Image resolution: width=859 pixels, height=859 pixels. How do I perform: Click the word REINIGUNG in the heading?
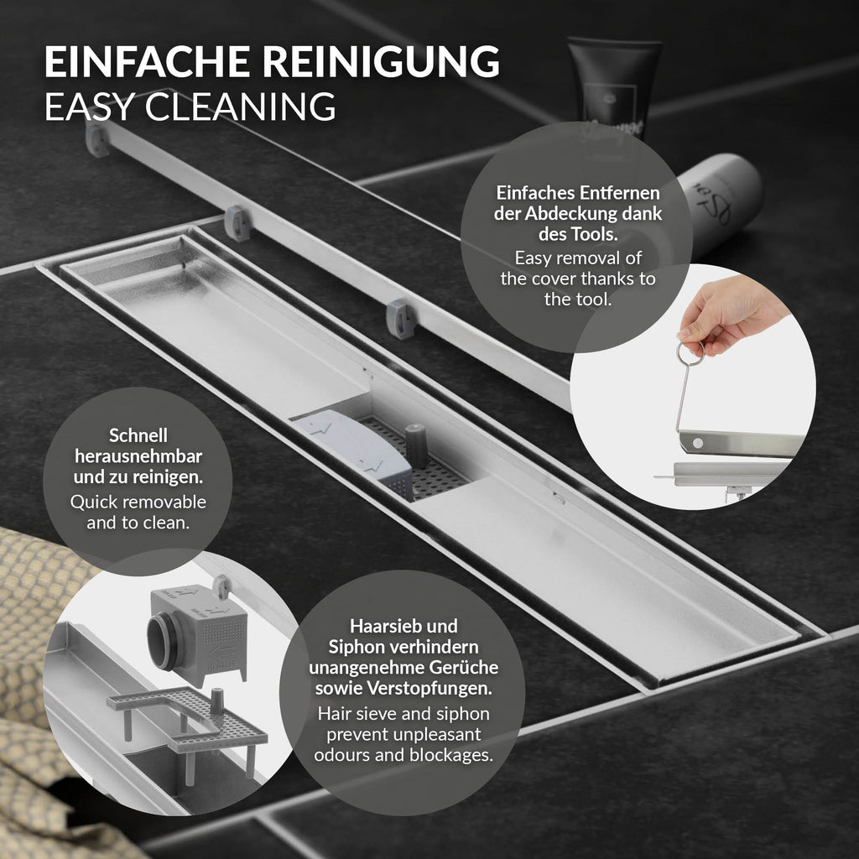point(381,62)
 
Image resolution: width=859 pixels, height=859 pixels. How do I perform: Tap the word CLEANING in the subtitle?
point(240,107)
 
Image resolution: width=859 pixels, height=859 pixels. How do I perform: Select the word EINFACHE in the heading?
point(147,62)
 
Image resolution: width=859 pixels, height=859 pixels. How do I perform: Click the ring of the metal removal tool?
point(690,353)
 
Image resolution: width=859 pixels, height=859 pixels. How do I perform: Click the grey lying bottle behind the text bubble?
point(718,203)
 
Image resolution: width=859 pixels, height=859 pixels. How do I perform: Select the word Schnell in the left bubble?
point(138,435)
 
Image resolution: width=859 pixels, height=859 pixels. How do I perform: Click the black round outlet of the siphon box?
point(161,641)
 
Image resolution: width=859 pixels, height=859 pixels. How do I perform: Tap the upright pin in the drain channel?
point(416,445)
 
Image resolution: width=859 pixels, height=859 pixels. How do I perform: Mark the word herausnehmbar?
point(138,456)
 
